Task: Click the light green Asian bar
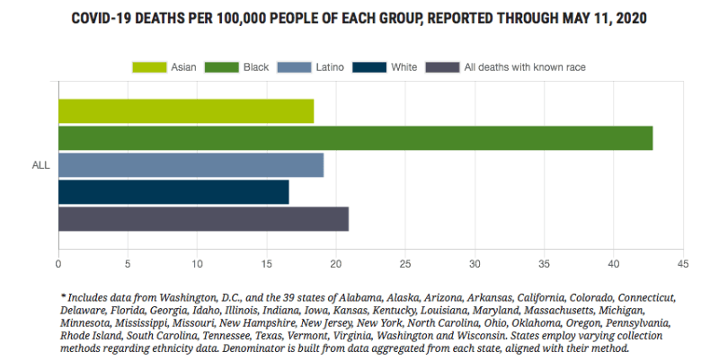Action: point(186,111)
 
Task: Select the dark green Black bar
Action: point(355,138)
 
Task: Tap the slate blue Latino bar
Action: point(191,165)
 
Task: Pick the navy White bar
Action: point(173,192)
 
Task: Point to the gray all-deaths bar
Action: point(203,219)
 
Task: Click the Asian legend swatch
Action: point(149,66)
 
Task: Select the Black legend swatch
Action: point(222,66)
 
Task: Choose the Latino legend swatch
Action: point(293,66)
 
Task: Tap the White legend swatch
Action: point(369,66)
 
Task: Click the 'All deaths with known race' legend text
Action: point(512,66)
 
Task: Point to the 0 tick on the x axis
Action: point(58,264)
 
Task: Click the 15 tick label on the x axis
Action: point(266,264)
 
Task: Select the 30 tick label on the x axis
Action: point(475,264)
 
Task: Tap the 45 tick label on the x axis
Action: point(682,264)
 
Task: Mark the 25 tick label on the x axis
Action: point(405,264)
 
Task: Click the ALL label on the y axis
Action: point(40,165)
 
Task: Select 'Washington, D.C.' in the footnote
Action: point(210,297)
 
